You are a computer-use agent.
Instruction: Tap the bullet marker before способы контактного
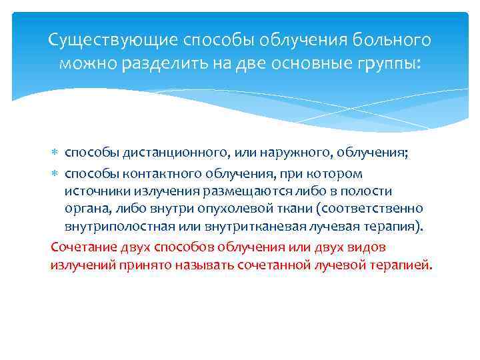56,174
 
